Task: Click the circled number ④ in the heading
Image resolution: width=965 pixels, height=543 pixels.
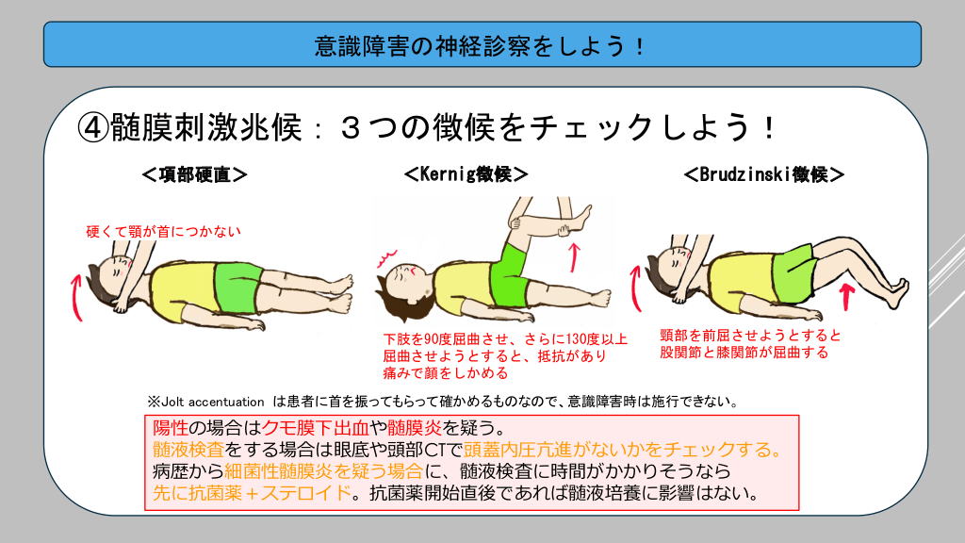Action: pos(93,128)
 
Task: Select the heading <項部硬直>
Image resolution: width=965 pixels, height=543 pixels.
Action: pos(194,174)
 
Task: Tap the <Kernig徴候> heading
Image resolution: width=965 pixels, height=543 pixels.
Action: pos(466,174)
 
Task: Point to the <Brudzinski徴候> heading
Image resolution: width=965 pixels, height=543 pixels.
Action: pos(763,174)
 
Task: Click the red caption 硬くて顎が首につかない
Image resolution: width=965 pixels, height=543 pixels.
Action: pos(163,232)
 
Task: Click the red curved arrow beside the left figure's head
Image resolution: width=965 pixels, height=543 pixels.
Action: pos(76,298)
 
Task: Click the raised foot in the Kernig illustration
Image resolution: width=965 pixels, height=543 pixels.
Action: pos(581,218)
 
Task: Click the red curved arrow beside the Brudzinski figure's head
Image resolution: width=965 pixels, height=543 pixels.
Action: pos(635,288)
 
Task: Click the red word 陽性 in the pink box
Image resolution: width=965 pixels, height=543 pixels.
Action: pos(171,427)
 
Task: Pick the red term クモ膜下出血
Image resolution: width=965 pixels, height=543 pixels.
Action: pos(315,427)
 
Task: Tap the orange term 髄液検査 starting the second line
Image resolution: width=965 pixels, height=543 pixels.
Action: pos(188,450)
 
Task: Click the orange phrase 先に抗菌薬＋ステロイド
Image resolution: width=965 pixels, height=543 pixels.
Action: pos(253,492)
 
